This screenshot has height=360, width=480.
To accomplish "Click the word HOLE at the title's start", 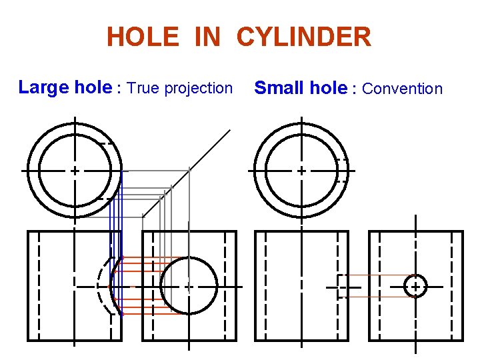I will click(143, 37).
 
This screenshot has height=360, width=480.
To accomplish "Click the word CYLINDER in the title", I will click(303, 37).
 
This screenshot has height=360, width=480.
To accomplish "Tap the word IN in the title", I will click(207, 37).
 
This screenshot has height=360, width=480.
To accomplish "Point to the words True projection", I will click(179, 88).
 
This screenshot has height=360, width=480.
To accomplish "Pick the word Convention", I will click(402, 89).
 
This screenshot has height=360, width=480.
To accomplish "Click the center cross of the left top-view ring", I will click(75, 171).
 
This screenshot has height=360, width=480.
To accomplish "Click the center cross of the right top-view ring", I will click(301, 171).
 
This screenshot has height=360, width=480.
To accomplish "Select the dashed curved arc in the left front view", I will click(100, 287).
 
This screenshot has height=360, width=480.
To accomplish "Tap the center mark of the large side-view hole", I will click(189, 287).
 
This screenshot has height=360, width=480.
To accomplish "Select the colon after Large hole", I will click(119, 88).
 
